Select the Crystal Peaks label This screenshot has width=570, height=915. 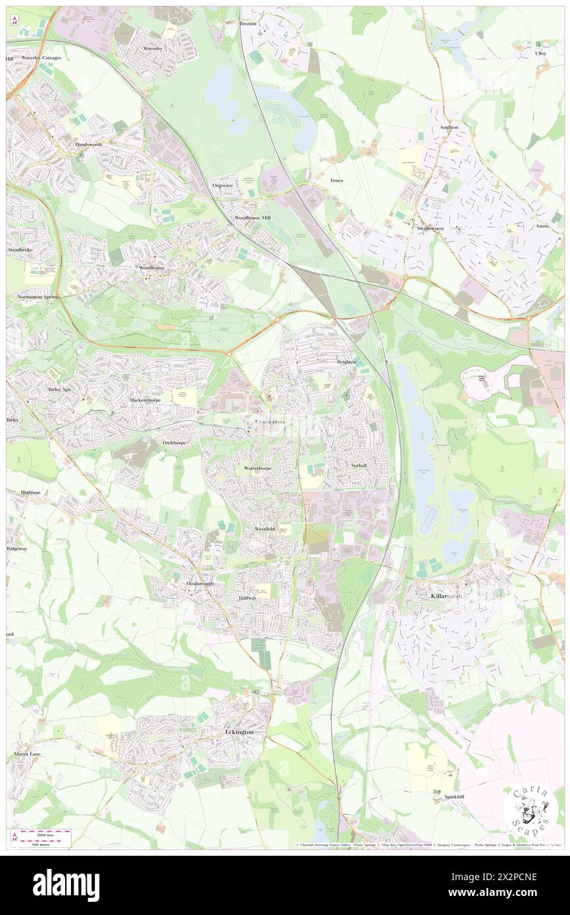pos(270,421)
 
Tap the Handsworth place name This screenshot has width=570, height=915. pos(90,144)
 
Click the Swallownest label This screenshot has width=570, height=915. pos(430,228)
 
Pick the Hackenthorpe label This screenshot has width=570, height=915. pos(145,400)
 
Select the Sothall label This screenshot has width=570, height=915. pos(359,465)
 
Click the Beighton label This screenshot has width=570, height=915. pos(347,362)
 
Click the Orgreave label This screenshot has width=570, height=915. pos(222,186)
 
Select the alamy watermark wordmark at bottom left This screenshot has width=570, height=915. pos(66,885)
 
